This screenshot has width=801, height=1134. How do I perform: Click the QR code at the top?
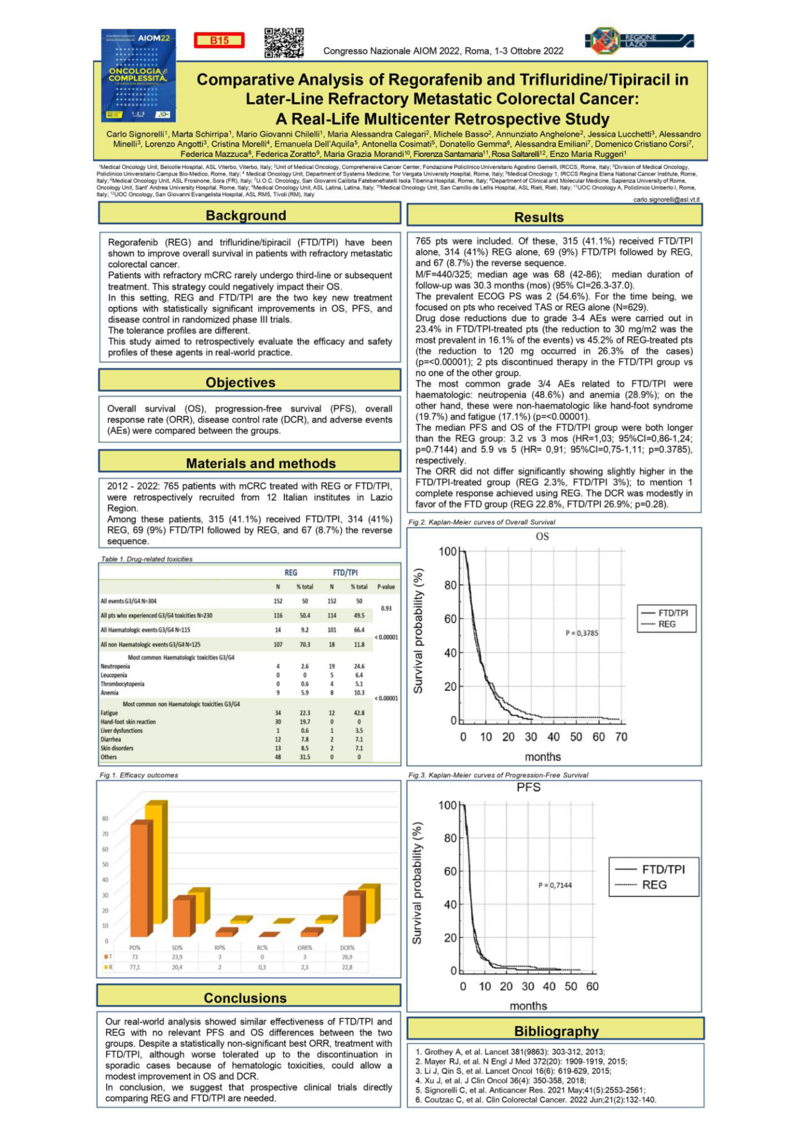284,43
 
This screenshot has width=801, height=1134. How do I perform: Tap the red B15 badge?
219,41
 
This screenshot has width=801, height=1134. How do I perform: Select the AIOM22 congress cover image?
138,75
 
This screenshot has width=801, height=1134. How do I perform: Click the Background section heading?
246,215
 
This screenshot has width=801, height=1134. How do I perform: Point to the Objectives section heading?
240,382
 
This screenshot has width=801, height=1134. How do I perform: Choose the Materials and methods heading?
261,463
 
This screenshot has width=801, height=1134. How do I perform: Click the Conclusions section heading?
245,998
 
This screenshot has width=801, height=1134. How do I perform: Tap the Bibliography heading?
556,1031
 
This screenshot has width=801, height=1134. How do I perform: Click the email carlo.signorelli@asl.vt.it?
666,199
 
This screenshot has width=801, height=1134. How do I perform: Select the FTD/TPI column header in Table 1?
345,572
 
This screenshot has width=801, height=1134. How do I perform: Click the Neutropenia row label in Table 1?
115,666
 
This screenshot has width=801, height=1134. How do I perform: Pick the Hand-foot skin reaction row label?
128,721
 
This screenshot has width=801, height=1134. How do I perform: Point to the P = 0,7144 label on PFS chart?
555,885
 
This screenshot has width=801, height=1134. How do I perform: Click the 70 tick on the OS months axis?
621,737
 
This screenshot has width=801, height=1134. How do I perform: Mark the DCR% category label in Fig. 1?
347,948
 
